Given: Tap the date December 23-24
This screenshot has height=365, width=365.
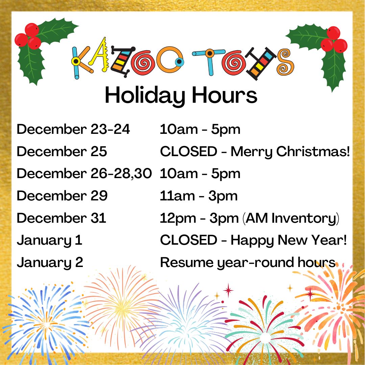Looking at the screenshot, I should click(73, 129).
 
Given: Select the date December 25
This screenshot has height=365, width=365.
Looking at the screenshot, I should click(62, 152).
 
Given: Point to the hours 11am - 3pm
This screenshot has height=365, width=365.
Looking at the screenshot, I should click(199, 196).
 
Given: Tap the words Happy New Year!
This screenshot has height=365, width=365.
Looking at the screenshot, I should click(289, 240).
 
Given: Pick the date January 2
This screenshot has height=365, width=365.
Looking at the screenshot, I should click(50, 263).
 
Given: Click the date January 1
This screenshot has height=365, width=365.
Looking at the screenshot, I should click(49, 240).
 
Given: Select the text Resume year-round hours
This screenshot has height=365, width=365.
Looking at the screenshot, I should click(248, 263).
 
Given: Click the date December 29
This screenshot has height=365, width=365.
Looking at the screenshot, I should click(62, 196).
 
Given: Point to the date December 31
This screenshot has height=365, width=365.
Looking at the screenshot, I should click(62, 218).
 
